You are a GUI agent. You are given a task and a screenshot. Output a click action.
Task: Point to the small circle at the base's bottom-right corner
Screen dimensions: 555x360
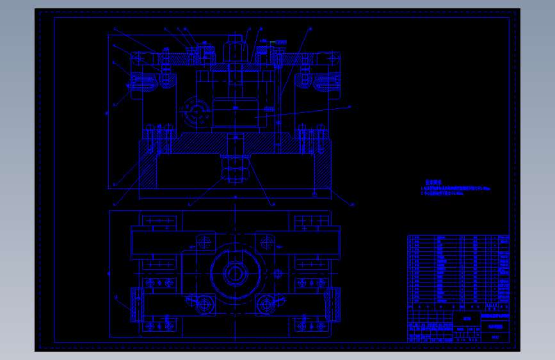pos(314,193)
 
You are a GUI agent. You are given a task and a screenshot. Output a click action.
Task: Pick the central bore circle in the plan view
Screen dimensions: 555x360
pos(234,274)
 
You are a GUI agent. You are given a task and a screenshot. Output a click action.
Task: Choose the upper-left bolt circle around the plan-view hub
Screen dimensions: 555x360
pos(205,242)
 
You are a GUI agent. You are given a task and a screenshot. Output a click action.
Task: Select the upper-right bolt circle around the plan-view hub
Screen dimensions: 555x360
pos(266,242)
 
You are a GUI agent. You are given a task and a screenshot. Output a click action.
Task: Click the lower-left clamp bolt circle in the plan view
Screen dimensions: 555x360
pos(204,305)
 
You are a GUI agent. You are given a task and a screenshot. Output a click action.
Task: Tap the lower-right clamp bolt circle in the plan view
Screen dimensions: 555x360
pos(266,305)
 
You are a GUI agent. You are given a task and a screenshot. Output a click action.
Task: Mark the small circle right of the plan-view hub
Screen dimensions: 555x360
pos(278,273)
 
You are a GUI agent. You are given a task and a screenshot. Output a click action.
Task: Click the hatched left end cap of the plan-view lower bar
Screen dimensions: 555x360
pos(135,305)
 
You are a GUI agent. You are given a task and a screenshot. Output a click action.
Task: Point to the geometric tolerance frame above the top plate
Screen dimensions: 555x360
pos(281,42)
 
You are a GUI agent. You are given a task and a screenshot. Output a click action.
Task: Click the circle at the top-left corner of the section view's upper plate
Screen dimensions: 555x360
pos(138,59)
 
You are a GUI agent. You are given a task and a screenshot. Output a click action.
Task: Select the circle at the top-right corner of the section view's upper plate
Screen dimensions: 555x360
pos(333,59)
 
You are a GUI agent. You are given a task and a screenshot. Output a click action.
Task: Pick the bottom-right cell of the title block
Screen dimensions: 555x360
pos(495,337)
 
